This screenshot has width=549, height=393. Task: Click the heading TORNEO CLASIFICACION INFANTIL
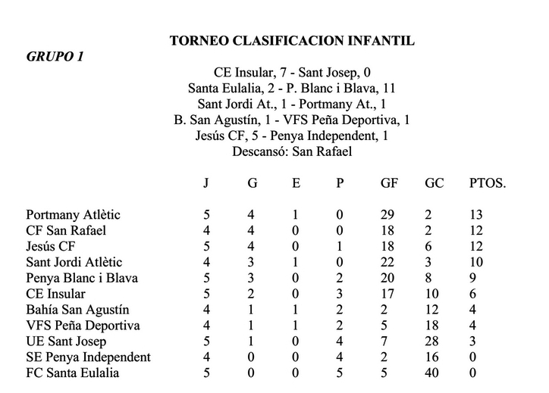(x=292, y=41)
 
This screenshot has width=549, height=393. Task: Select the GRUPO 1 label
(x=55, y=56)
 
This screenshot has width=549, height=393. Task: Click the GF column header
(x=389, y=183)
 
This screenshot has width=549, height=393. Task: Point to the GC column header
(x=434, y=183)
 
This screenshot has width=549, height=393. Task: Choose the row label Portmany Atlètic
(x=73, y=215)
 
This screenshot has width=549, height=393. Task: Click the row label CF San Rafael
(x=66, y=231)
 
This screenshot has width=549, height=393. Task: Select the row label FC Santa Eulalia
(x=72, y=373)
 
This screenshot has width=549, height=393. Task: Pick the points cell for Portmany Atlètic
(x=476, y=215)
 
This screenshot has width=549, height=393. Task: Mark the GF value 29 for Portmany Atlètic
(x=388, y=215)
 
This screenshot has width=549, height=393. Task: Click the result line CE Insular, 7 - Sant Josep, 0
(x=292, y=73)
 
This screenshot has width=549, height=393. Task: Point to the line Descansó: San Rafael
(x=292, y=151)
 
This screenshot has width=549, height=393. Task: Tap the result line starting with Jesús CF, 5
(x=292, y=136)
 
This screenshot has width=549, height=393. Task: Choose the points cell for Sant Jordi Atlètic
(x=476, y=263)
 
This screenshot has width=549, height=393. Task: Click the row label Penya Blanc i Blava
(x=82, y=278)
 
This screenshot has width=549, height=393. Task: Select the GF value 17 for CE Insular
(x=388, y=294)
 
